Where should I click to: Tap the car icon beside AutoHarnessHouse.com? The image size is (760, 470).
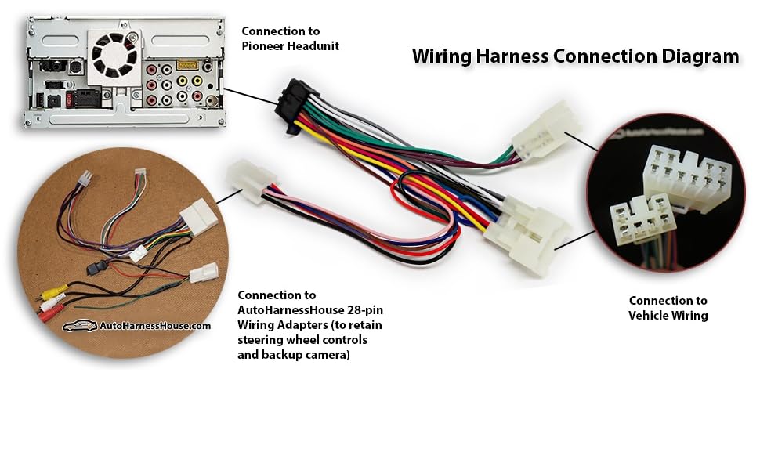[80, 326]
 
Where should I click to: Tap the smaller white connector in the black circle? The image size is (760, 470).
[635, 222]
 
